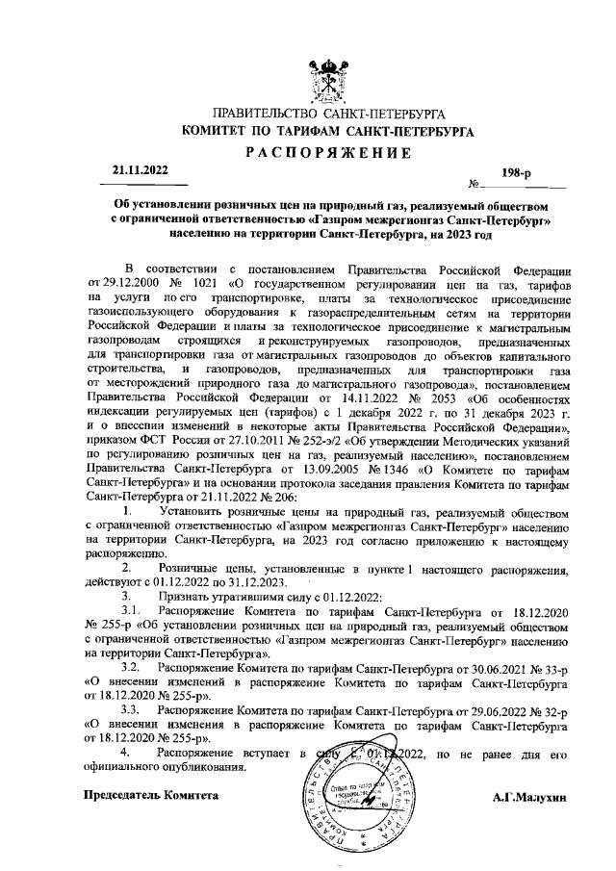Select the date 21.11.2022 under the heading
tap(139, 171)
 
